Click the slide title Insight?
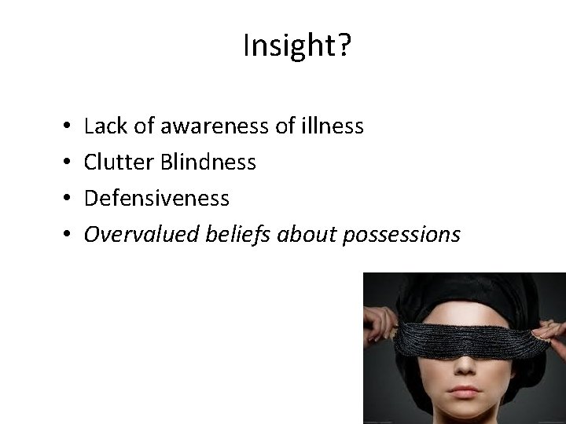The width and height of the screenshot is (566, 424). [297, 47]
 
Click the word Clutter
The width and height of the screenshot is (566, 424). [118, 162]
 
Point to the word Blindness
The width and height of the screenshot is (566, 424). [208, 162]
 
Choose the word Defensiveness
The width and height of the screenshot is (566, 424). [156, 198]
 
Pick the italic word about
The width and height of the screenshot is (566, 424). [318, 234]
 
